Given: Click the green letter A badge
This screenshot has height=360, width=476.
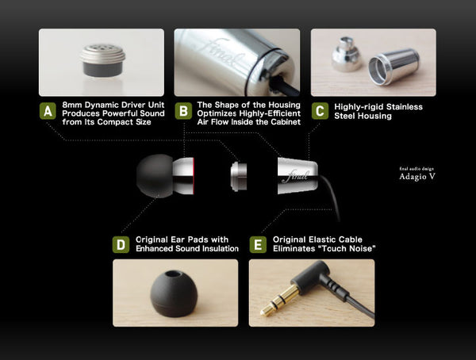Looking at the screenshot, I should coord(48,111).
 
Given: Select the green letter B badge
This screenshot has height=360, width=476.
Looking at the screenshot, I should coord(183,111).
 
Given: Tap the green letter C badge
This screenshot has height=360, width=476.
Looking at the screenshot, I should coord(320,111).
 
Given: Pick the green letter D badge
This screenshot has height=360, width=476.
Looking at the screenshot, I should coord(121,244).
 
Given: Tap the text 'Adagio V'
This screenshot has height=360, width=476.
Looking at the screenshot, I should coord(417,177).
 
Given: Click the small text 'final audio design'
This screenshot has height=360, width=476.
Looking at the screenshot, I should coord(417,168).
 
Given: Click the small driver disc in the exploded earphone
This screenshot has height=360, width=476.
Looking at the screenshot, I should coord(238,176).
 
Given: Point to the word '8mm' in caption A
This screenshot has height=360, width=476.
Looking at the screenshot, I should coord(72,105).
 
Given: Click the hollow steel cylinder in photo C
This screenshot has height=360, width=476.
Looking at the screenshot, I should coord(393,64).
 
